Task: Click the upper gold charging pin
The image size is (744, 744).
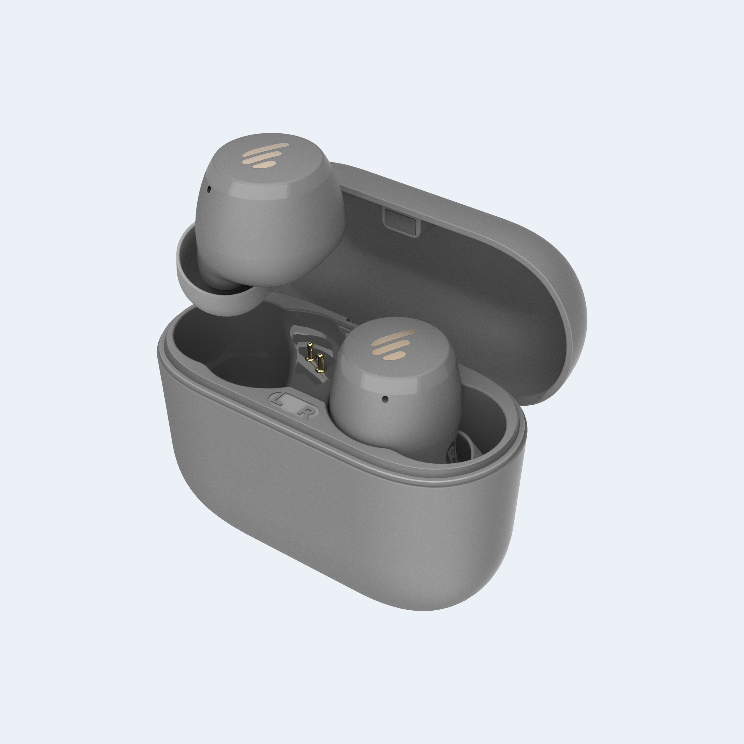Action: tap(310, 351)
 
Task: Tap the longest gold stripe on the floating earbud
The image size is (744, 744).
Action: tap(266, 148)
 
